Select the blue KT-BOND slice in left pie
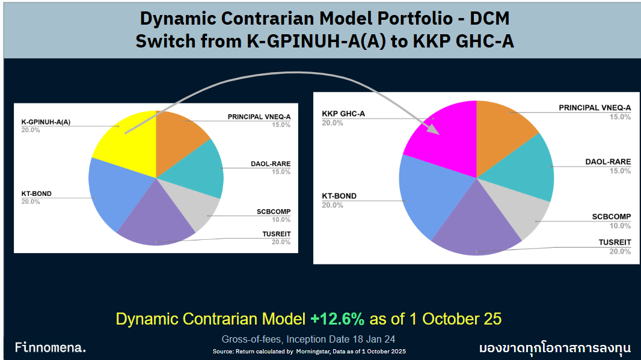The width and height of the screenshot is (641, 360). point(111,192)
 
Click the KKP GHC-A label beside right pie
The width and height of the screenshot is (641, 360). point(343,114)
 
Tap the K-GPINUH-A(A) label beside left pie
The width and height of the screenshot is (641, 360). point(46,122)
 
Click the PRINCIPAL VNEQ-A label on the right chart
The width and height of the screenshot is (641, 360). point(595,108)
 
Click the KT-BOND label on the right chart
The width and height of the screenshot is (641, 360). point(339,196)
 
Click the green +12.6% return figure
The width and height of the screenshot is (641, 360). point(337,319)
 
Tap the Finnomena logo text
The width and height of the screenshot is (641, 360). point(51,348)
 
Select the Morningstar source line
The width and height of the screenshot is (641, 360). point(313,350)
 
